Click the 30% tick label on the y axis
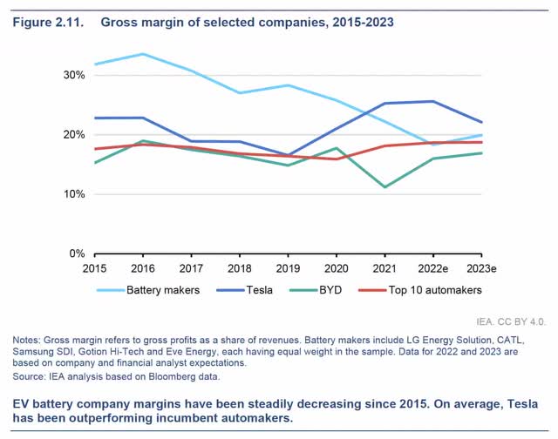(x=72, y=75)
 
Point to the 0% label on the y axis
(x=76, y=253)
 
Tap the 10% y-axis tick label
(x=72, y=194)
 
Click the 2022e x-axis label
(x=430, y=267)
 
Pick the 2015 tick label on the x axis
(x=96, y=267)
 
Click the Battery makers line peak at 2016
(x=143, y=54)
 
